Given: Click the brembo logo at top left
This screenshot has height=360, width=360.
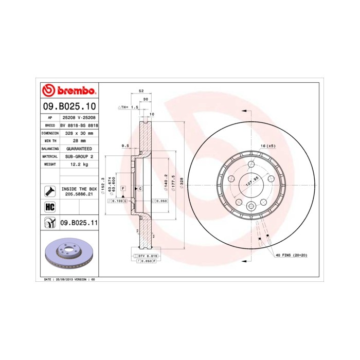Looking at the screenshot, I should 68,91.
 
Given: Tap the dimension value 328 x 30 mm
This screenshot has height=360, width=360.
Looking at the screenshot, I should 79,133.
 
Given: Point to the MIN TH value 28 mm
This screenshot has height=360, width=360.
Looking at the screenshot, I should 79,140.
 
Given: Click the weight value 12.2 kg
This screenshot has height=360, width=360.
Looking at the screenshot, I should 79,164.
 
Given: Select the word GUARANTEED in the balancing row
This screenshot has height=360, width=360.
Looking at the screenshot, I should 79,148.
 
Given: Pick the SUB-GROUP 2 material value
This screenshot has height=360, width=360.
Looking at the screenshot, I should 79,156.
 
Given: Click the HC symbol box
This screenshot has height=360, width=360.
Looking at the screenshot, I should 50,207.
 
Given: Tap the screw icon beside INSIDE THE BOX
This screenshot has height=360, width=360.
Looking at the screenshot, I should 50,191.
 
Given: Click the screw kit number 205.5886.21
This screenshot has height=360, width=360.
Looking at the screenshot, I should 79,195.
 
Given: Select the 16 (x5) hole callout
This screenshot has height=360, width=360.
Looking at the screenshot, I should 267,146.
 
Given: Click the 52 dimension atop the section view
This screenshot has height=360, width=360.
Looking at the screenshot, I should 141,91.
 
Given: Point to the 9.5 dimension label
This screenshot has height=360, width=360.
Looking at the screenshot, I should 124,146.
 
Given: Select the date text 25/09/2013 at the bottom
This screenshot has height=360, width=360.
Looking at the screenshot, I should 64,279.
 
